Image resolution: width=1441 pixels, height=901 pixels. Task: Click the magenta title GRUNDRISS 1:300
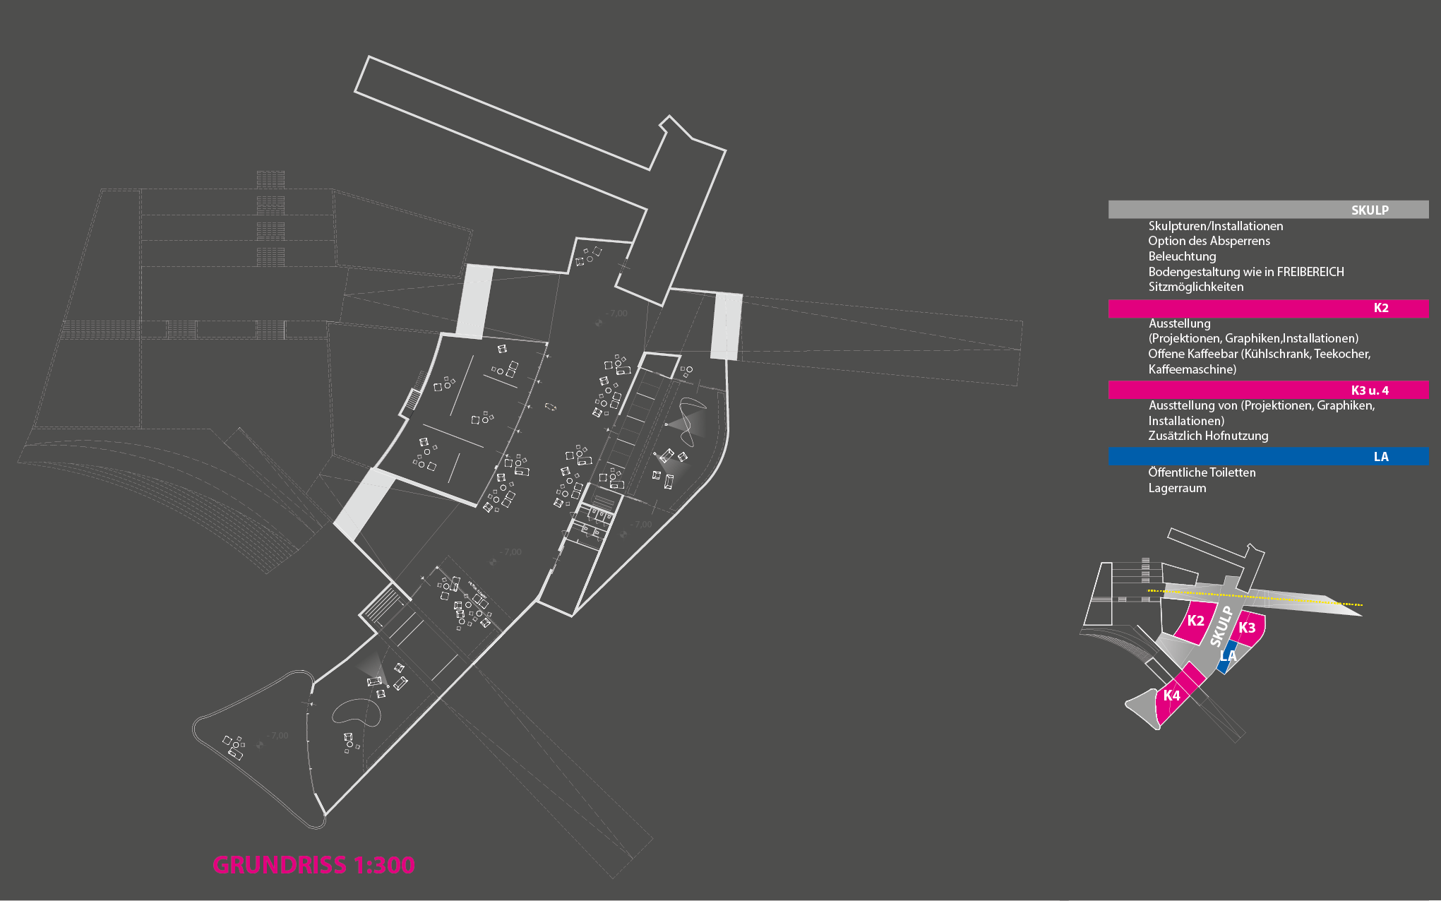pyautogui.click(x=313, y=865)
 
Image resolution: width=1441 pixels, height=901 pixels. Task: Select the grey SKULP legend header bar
pyautogui.click(x=1268, y=210)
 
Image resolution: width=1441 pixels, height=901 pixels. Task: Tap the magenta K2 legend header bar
pyautogui.click(x=1268, y=308)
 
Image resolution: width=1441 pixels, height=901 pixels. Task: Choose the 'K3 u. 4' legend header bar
pyautogui.click(x=1268, y=390)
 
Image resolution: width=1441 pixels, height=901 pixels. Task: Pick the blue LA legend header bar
pyautogui.click(x=1268, y=457)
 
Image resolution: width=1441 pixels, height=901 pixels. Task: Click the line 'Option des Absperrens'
pyautogui.click(x=1209, y=241)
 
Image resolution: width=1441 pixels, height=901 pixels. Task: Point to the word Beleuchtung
pyautogui.click(x=1182, y=256)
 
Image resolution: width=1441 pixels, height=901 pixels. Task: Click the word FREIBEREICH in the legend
pyautogui.click(x=1310, y=272)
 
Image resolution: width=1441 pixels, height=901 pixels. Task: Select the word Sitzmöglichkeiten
pyautogui.click(x=1195, y=287)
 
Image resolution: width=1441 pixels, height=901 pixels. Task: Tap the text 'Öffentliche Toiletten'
pyautogui.click(x=1202, y=472)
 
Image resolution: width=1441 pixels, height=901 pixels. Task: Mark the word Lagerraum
pyautogui.click(x=1177, y=488)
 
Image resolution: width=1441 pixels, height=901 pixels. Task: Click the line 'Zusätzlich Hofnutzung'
pyautogui.click(x=1208, y=436)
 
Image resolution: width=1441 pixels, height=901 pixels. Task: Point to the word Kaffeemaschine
pyautogui.click(x=1191, y=369)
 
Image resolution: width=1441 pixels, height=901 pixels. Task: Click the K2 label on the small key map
pyautogui.click(x=1195, y=621)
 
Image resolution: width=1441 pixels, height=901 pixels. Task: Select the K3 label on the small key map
pyautogui.click(x=1247, y=628)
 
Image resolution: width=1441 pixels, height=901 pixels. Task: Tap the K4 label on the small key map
pyautogui.click(x=1172, y=696)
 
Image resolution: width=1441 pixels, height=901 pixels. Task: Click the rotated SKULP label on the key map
pyautogui.click(x=1221, y=626)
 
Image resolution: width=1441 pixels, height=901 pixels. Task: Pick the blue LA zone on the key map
pyautogui.click(x=1228, y=657)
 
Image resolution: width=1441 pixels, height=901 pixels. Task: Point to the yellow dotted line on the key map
pyautogui.click(x=1257, y=597)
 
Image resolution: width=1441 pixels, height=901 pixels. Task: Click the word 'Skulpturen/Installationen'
pyautogui.click(x=1215, y=226)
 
